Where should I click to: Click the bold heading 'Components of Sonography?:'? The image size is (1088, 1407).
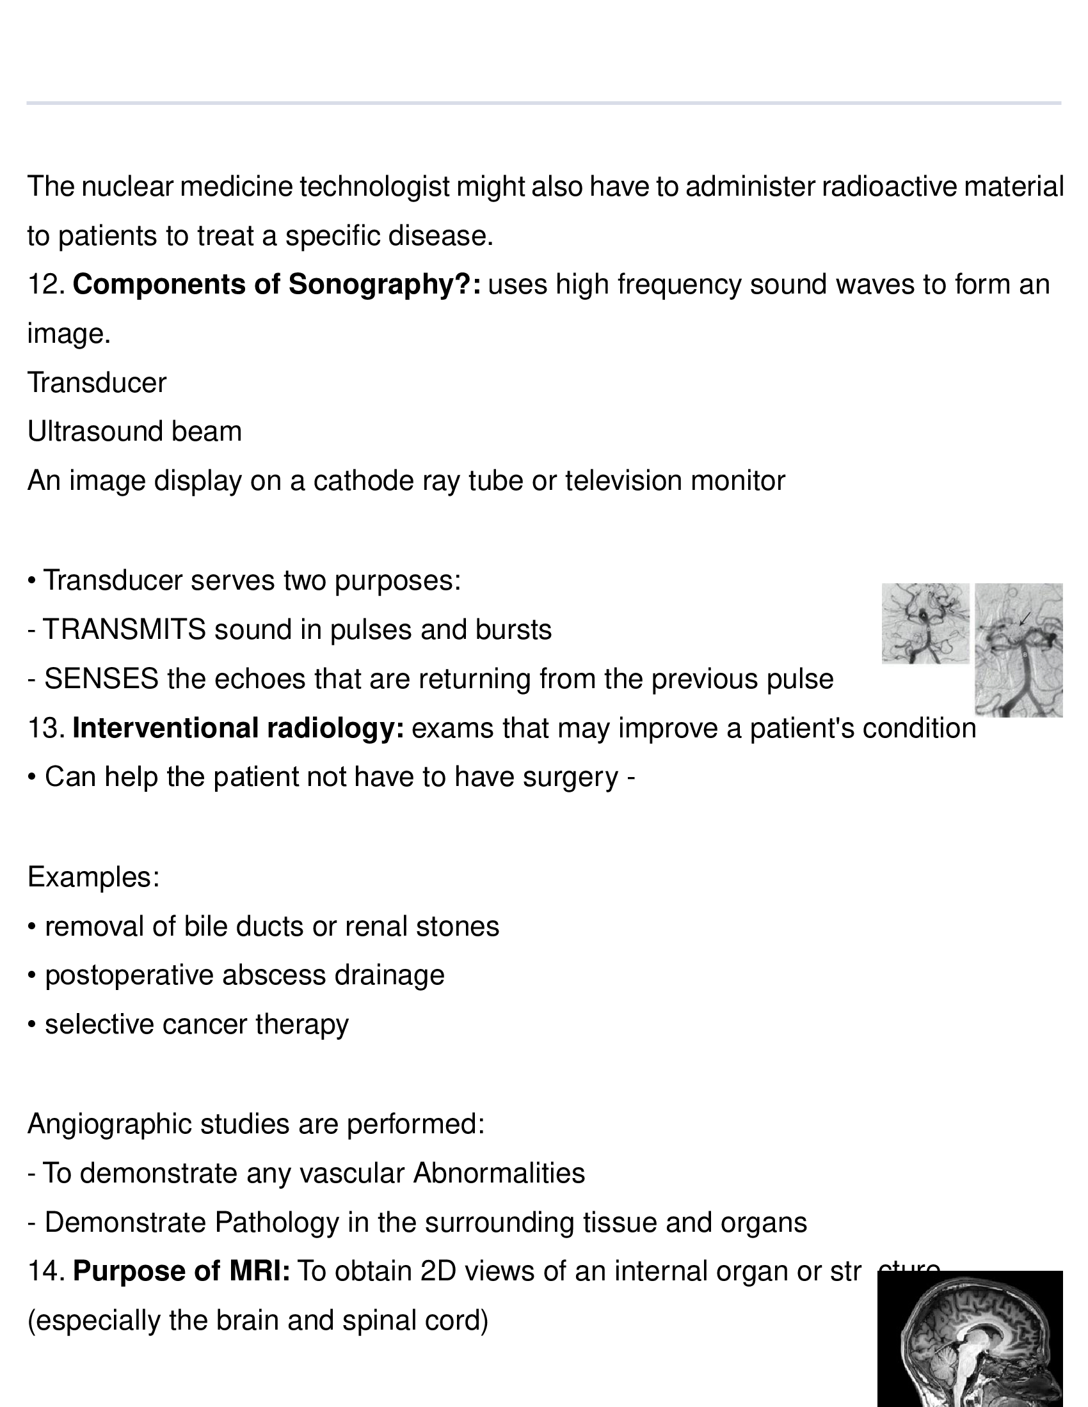276,285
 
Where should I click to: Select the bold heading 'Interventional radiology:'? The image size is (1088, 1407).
238,728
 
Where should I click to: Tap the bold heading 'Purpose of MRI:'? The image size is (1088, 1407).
181,1271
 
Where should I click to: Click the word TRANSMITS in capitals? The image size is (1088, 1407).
124,630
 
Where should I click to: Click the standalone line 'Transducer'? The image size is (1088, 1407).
97,383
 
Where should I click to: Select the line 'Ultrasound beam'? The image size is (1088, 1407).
134,432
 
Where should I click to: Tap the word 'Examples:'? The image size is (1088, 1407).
93,877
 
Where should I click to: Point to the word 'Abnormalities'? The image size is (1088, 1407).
499,1173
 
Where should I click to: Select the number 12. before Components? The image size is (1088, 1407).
46,285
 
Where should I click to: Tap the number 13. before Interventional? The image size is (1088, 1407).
46,728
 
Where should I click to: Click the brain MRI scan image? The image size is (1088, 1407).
970,1340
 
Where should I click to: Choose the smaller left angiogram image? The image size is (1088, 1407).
925,623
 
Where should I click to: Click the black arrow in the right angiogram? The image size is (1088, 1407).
1024,618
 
